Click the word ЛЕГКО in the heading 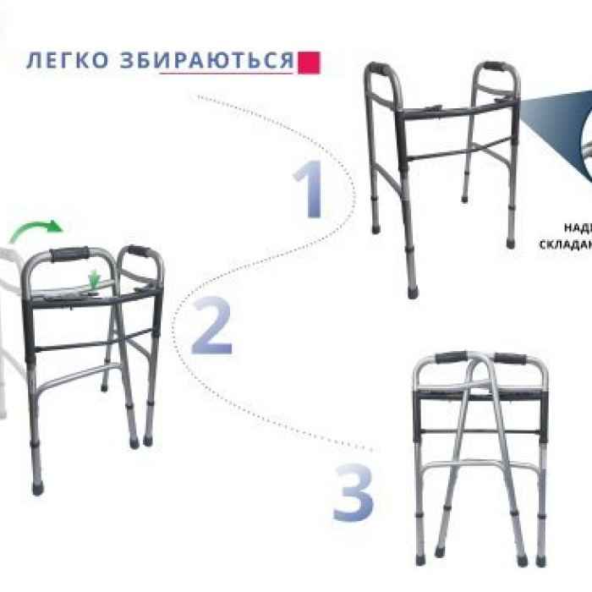pos(68,61)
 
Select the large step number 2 pos(211,326)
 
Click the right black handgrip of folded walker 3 pos(510,358)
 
